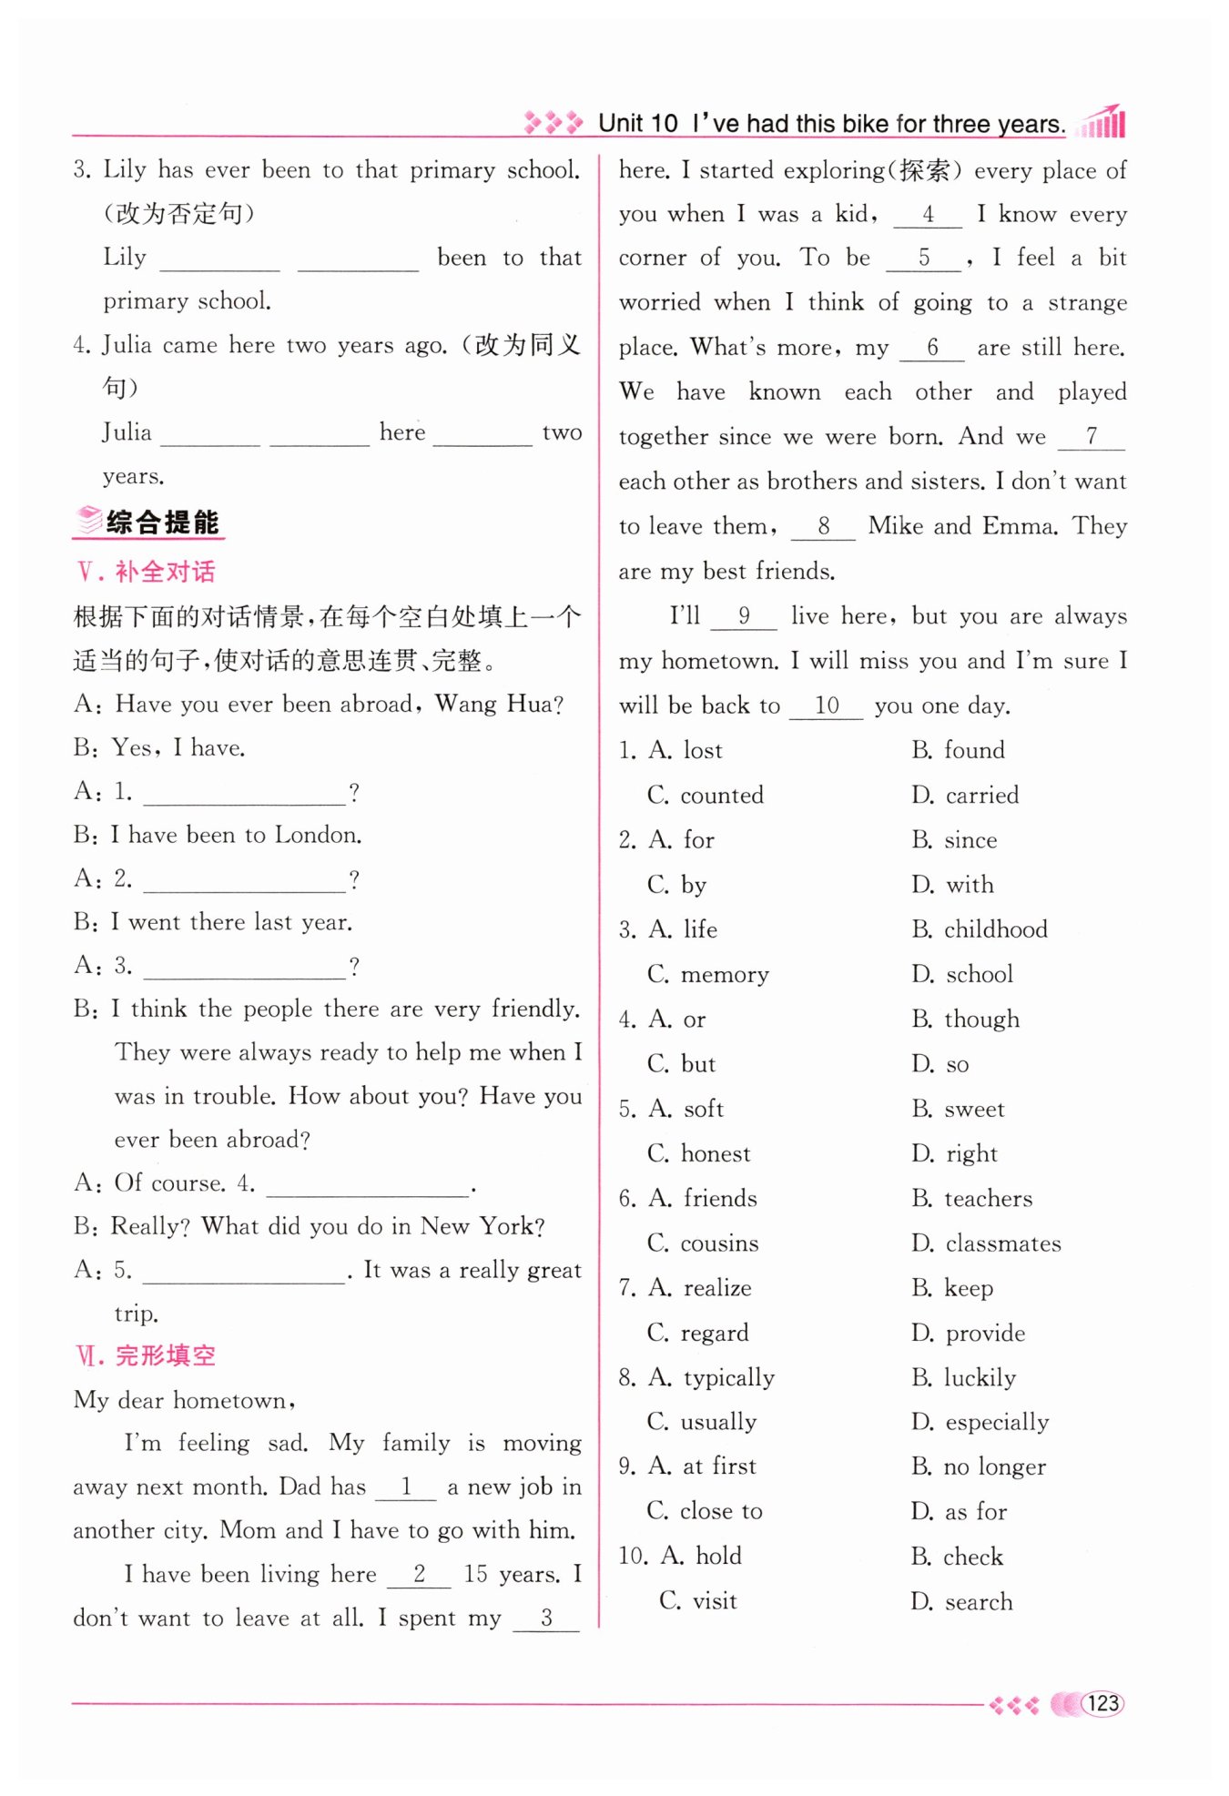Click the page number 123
coord(1102,1703)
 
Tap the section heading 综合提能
coord(162,522)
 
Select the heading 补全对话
coord(165,572)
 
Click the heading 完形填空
coord(165,1355)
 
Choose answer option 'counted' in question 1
coord(721,795)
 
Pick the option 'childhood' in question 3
coord(995,929)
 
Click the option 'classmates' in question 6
coord(1002,1243)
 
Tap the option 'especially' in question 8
coord(997,1422)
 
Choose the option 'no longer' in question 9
coord(994,1466)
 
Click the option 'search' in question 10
coord(979,1601)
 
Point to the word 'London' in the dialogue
coord(317,835)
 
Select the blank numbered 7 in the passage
coord(1091,437)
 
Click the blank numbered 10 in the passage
coord(826,705)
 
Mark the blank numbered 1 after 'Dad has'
coord(406,1487)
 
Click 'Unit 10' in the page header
coord(637,124)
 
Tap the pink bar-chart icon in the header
coord(1103,121)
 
